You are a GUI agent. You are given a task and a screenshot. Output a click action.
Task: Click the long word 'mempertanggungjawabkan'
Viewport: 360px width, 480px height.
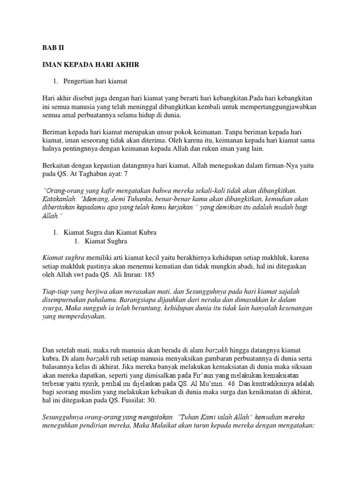(x=279, y=107)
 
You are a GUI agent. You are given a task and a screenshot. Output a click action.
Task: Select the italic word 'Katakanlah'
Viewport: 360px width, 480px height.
(x=59, y=200)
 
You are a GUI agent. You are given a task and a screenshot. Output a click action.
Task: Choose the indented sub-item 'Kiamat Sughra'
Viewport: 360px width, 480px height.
(x=106, y=241)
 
